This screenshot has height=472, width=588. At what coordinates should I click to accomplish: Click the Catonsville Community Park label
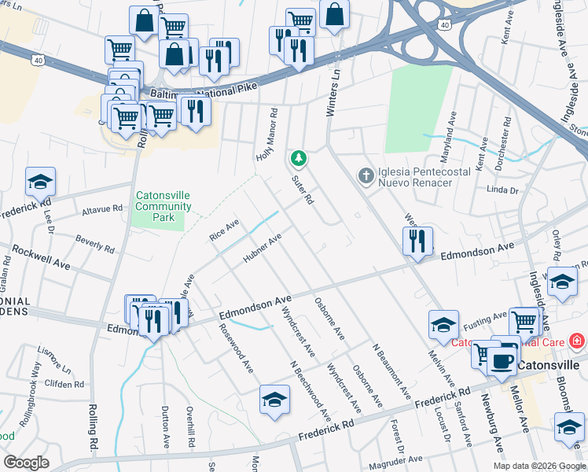click(x=163, y=206)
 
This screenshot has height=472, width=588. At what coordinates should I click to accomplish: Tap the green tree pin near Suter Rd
click(x=299, y=159)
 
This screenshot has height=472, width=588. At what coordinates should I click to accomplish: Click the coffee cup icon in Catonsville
click(x=502, y=361)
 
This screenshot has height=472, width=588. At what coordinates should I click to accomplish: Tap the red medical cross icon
click(x=576, y=341)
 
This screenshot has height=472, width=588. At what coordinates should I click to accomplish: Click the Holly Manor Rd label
click(x=267, y=135)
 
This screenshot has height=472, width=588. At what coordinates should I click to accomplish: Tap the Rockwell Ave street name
click(x=40, y=257)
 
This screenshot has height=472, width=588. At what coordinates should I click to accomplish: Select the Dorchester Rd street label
click(x=505, y=138)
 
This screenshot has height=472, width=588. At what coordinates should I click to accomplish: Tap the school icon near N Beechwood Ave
click(x=273, y=400)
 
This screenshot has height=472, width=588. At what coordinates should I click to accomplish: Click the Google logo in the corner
click(x=27, y=463)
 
